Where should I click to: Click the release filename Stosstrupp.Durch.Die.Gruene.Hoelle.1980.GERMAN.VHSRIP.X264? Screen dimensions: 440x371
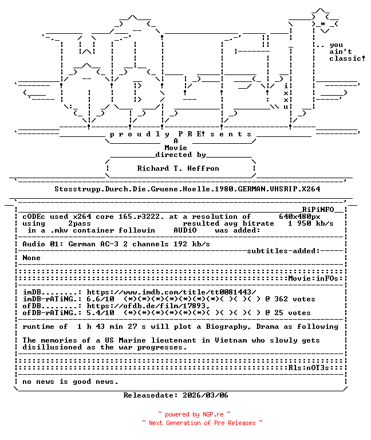pyautogui.click(x=187, y=188)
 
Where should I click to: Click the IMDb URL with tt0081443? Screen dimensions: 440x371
pyautogui.click(x=171, y=292)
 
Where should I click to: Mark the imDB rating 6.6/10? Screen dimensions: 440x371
pyautogui.click(x=100, y=299)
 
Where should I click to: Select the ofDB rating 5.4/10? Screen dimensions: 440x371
pyautogui.click(x=100, y=313)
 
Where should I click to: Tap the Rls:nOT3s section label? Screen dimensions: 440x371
pyautogui.click(x=309, y=368)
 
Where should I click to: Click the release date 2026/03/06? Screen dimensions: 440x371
pyautogui.click(x=206, y=395)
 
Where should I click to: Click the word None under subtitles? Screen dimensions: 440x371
pyautogui.click(x=31, y=258)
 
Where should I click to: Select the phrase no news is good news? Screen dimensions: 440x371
pyautogui.click(x=70, y=382)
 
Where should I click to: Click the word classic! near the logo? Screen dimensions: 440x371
pyautogui.click(x=347, y=58)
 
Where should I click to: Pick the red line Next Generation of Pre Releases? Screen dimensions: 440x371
pyautogui.click(x=202, y=423)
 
